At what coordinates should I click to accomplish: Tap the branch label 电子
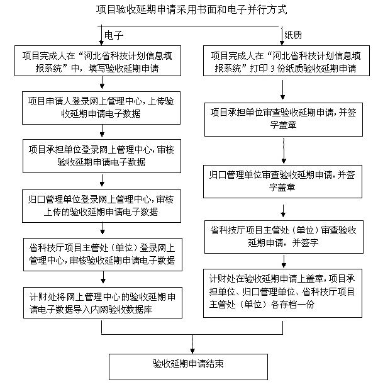(113, 33)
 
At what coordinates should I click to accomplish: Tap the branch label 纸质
(294, 33)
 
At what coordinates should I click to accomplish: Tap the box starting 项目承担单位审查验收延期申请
(283, 119)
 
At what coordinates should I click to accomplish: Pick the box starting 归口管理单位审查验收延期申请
(283, 181)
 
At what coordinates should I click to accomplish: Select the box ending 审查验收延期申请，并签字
(283, 236)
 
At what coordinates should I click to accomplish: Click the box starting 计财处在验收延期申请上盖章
(283, 291)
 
